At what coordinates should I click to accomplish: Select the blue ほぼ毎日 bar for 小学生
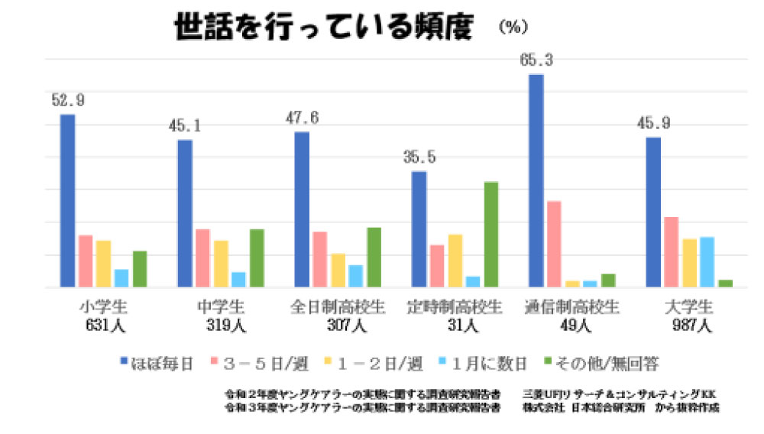67,200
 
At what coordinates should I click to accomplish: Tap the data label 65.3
536,60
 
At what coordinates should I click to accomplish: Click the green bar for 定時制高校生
490,234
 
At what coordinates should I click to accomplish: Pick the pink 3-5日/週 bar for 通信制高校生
554,244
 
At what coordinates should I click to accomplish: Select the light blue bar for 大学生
707,261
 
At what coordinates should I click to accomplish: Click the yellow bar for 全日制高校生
338,270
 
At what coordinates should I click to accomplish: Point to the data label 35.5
419,157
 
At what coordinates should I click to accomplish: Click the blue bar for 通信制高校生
536,180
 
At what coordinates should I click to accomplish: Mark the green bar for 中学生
257,257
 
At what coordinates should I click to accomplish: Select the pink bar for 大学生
671,251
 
